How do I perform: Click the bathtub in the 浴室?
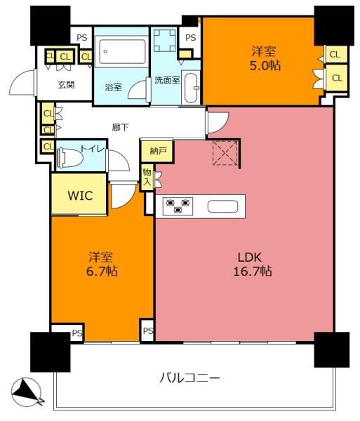point(121,52)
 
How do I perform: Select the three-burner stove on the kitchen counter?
point(178,206)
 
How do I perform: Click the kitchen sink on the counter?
point(223,206)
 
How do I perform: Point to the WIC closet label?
point(80,196)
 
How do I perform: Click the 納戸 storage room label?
point(158,151)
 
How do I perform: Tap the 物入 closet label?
point(147,178)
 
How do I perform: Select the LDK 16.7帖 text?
point(253,265)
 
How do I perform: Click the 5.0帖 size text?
point(265,65)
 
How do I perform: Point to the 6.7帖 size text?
point(102,271)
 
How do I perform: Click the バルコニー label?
point(189,378)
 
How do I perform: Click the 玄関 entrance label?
point(66,85)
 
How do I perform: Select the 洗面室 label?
point(167,80)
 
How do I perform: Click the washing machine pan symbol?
point(165,41)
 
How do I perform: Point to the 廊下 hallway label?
point(120,127)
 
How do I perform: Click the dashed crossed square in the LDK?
point(225,153)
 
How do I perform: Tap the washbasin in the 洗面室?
point(192,88)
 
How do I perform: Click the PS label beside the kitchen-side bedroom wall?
point(148,330)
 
